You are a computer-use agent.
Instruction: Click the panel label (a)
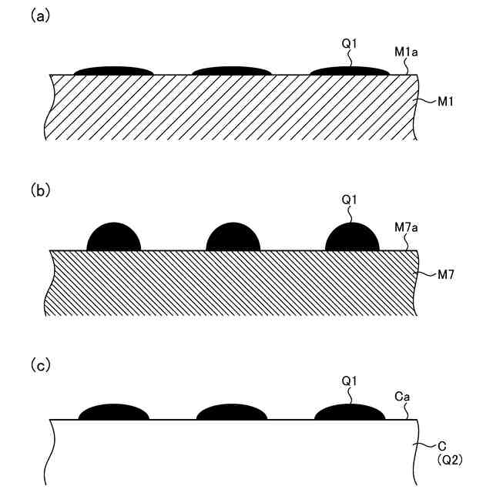[x=40, y=15]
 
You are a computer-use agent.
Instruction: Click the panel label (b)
[x=40, y=189]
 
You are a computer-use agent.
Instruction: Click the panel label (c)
[x=40, y=365]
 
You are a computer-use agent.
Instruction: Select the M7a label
[x=406, y=227]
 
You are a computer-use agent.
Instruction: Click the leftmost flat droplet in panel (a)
[x=113, y=72]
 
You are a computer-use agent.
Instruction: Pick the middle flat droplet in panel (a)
[x=231, y=72]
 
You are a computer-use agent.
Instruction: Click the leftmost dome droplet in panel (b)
[x=114, y=239]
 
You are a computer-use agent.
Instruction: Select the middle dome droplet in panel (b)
[x=233, y=239]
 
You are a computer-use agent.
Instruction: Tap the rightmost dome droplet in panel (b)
[x=353, y=239]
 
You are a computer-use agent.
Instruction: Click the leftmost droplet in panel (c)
[x=115, y=413]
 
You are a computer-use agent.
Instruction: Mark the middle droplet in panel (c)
[x=232, y=413]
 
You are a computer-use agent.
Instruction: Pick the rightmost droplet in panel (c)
[x=350, y=412]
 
